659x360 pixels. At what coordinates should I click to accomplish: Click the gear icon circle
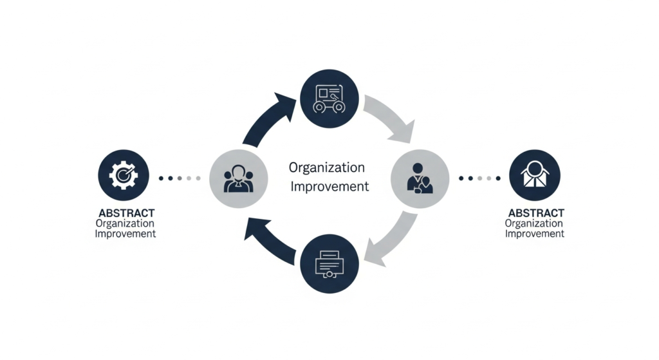point(123,176)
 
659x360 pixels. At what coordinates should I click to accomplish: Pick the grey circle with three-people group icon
point(238,178)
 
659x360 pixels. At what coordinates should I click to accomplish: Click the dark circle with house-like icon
point(534,176)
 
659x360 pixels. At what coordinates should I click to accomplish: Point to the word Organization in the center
point(327,168)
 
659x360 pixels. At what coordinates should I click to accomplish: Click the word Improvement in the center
point(330,187)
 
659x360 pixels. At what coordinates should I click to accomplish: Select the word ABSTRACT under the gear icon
point(126,213)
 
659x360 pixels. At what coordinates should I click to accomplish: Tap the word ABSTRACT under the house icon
point(535,213)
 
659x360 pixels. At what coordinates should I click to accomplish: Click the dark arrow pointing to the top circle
point(268,119)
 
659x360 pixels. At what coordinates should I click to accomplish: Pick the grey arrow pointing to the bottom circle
point(391,237)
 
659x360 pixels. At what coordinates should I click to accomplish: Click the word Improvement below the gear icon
point(125,234)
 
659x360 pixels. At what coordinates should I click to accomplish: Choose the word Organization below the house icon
point(535,223)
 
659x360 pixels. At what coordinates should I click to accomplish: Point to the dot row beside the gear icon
point(175,178)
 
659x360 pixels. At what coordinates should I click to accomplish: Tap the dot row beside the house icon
point(479,178)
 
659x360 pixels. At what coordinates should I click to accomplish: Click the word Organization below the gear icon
point(125,223)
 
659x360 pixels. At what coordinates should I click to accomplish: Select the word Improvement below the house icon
point(535,234)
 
